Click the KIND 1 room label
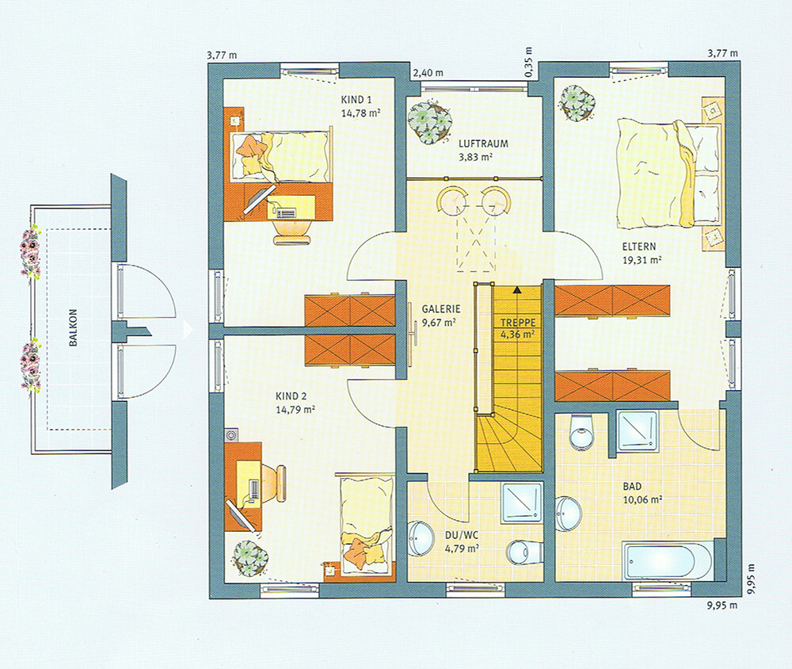356,100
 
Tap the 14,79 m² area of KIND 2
295,410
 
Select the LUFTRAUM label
483,143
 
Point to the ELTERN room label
639,247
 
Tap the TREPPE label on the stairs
518,322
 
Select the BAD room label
632,487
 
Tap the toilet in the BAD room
581,431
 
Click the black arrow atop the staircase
518,290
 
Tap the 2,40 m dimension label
428,74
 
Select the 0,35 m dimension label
528,63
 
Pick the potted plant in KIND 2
252,557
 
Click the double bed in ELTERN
667,173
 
